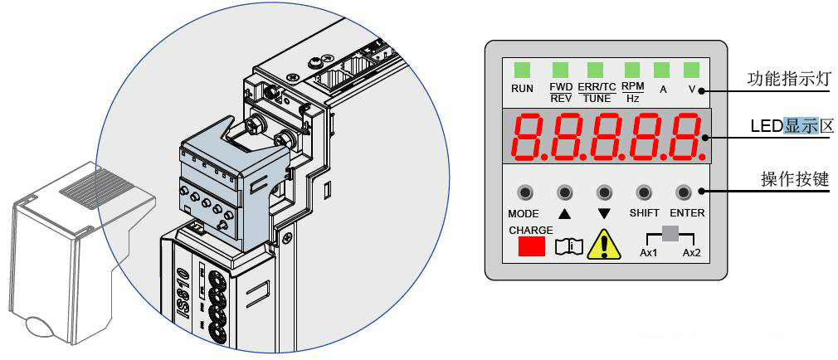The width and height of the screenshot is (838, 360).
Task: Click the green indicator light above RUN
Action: coord(522,70)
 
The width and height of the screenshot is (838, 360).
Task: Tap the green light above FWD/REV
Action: coord(561,70)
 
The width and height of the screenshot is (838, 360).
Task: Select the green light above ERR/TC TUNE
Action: coord(595,70)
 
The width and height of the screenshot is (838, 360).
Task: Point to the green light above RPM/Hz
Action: coord(632,70)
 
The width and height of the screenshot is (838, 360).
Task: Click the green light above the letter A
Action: coord(662,70)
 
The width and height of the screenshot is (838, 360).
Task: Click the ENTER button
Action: coord(684,192)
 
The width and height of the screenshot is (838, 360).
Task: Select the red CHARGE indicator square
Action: coord(532,246)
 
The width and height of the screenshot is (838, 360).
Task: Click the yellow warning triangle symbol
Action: coord(605,246)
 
